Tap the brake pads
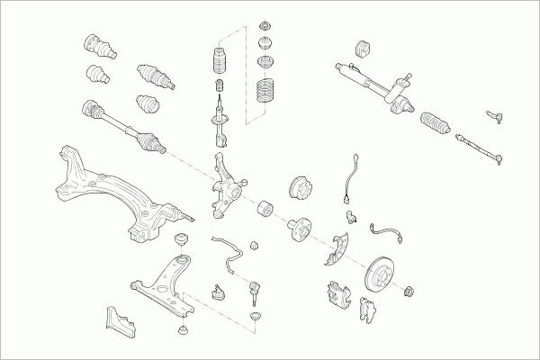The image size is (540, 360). [x=368, y=310]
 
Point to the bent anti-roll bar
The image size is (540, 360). [x=229, y=252]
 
